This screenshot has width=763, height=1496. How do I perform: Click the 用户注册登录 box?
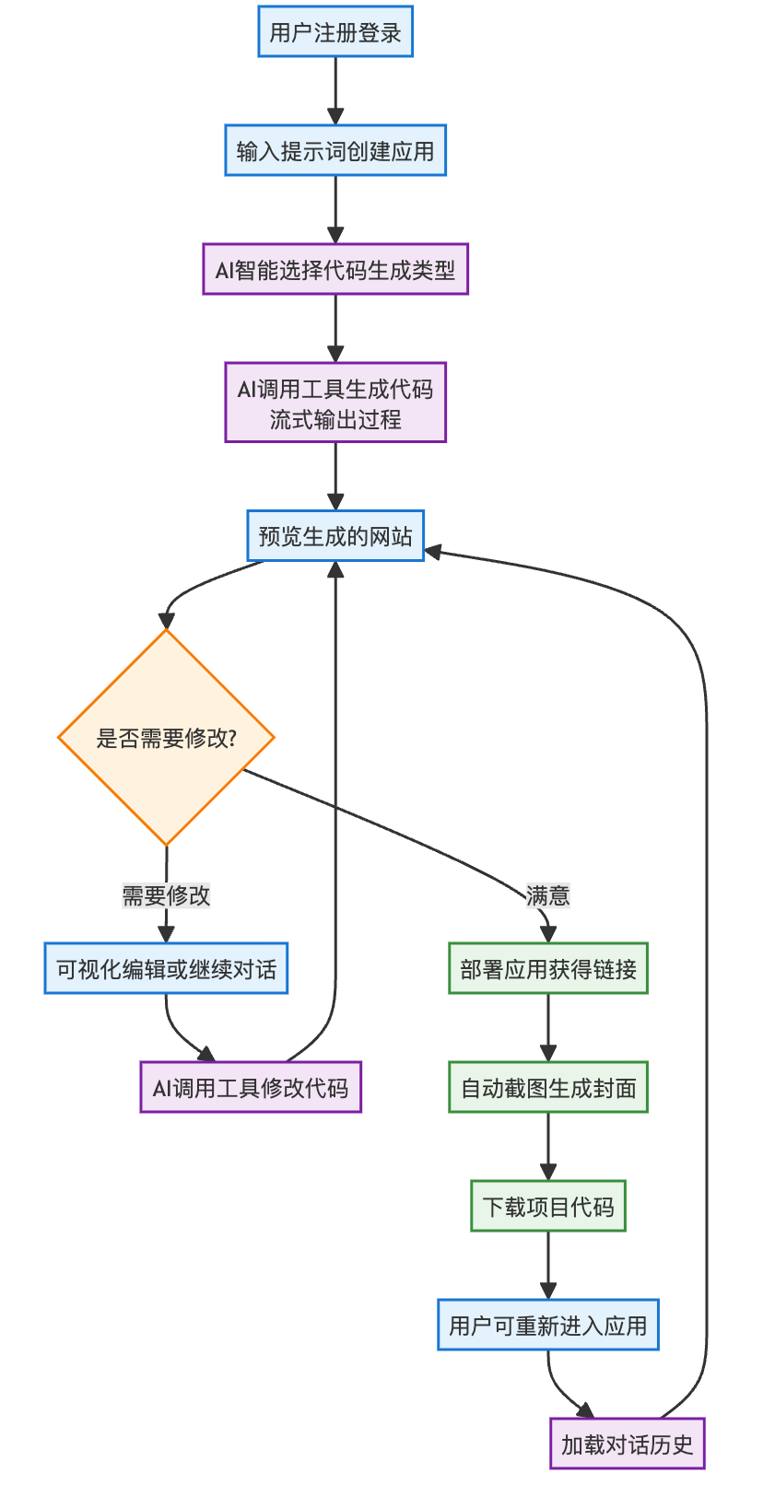(x=335, y=32)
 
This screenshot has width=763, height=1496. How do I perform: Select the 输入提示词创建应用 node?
(x=335, y=150)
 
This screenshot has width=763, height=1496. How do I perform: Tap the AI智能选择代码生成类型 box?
(x=335, y=269)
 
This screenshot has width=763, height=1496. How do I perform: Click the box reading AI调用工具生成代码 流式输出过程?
(x=335, y=403)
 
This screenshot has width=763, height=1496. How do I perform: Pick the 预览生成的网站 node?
(x=335, y=535)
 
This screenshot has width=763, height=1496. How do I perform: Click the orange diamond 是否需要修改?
(x=166, y=737)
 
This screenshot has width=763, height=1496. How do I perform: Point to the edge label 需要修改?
(x=166, y=894)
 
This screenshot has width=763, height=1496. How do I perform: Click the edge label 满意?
(x=547, y=894)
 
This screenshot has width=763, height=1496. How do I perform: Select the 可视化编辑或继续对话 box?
(x=166, y=968)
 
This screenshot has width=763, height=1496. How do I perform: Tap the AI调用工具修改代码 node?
(x=251, y=1087)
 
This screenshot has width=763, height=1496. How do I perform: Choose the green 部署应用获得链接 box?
(x=548, y=968)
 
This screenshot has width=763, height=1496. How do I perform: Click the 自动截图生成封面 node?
(x=548, y=1087)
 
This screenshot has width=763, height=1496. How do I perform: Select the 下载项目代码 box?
(x=548, y=1206)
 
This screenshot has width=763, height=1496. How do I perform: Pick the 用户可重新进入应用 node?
(x=548, y=1325)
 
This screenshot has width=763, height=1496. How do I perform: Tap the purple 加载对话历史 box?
(x=627, y=1443)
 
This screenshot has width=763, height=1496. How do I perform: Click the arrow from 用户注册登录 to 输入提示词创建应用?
(x=335, y=90)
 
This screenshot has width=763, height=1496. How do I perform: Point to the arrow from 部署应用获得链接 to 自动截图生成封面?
(x=548, y=1027)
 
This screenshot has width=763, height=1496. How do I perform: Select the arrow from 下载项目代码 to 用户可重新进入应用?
(x=548, y=1265)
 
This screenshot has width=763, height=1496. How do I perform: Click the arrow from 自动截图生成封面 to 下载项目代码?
(x=548, y=1146)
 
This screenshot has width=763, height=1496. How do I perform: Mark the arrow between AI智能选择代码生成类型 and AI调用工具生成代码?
(x=335, y=328)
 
